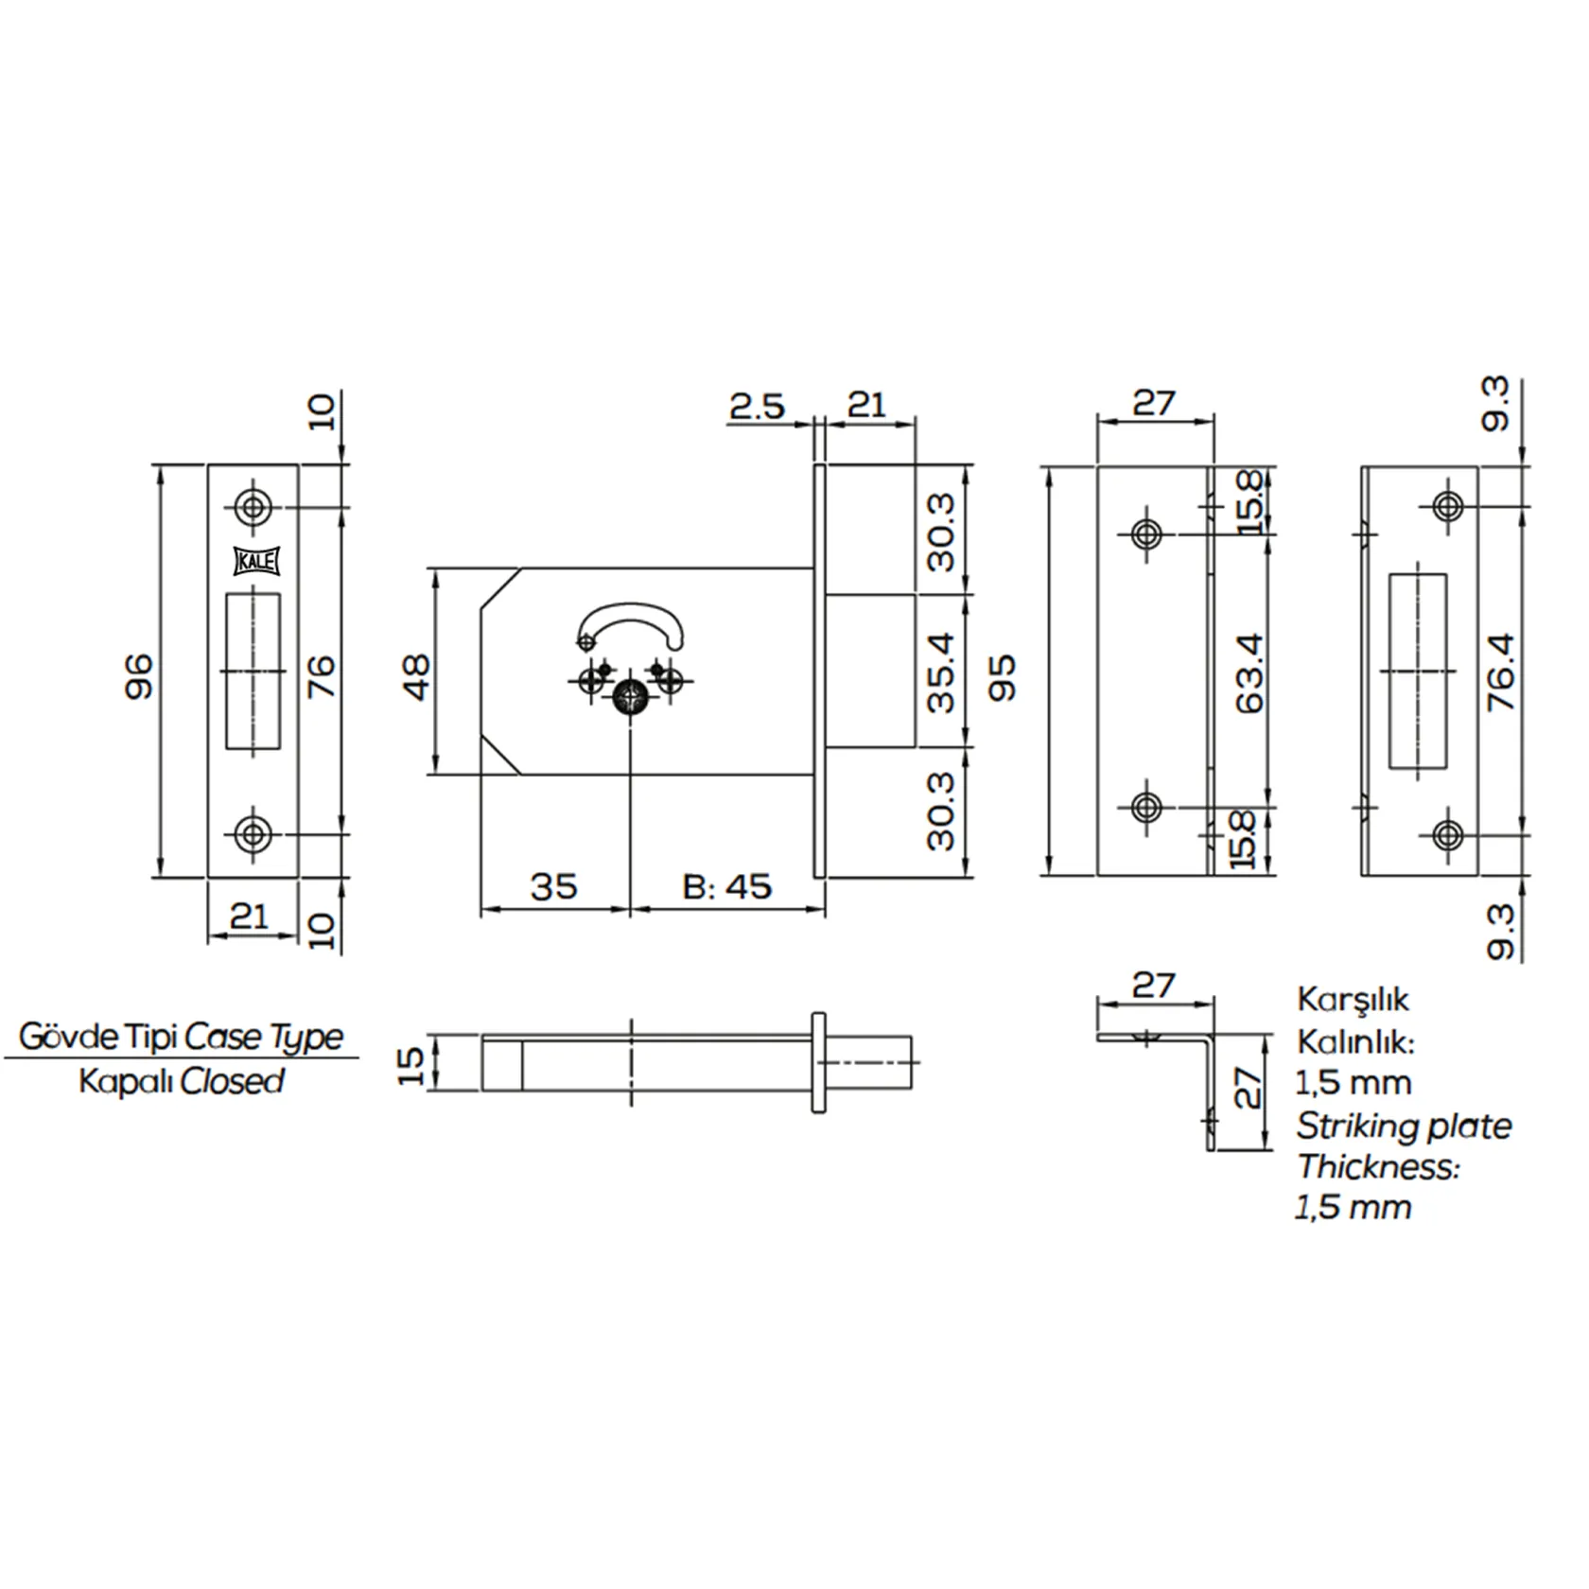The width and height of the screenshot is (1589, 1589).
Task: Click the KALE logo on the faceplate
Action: [x=254, y=561]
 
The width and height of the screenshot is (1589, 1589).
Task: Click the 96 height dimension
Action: [x=138, y=675]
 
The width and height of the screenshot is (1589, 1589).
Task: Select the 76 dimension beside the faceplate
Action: [x=322, y=675]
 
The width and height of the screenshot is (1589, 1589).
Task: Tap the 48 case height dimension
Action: [x=416, y=676]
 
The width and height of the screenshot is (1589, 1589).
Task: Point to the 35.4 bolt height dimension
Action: [x=941, y=672]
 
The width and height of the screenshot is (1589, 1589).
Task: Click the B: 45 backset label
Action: [x=727, y=886]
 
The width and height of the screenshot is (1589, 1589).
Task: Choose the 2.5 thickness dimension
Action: [x=757, y=406]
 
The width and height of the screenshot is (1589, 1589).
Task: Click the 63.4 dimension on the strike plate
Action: [x=1249, y=672]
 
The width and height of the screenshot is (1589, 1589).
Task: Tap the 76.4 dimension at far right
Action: [x=1501, y=672]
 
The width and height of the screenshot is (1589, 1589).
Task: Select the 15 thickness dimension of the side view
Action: [x=411, y=1065]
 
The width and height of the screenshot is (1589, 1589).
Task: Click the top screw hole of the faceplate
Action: [x=253, y=507]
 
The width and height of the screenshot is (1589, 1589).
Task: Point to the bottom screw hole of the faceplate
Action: [x=253, y=834]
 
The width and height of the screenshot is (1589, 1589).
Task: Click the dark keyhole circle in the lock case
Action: [x=631, y=699]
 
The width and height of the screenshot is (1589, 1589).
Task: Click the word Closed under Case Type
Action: [x=232, y=1080]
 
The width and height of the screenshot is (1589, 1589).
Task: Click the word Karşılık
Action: [x=1353, y=1000]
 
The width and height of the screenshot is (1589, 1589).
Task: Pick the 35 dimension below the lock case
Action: [x=553, y=886]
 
